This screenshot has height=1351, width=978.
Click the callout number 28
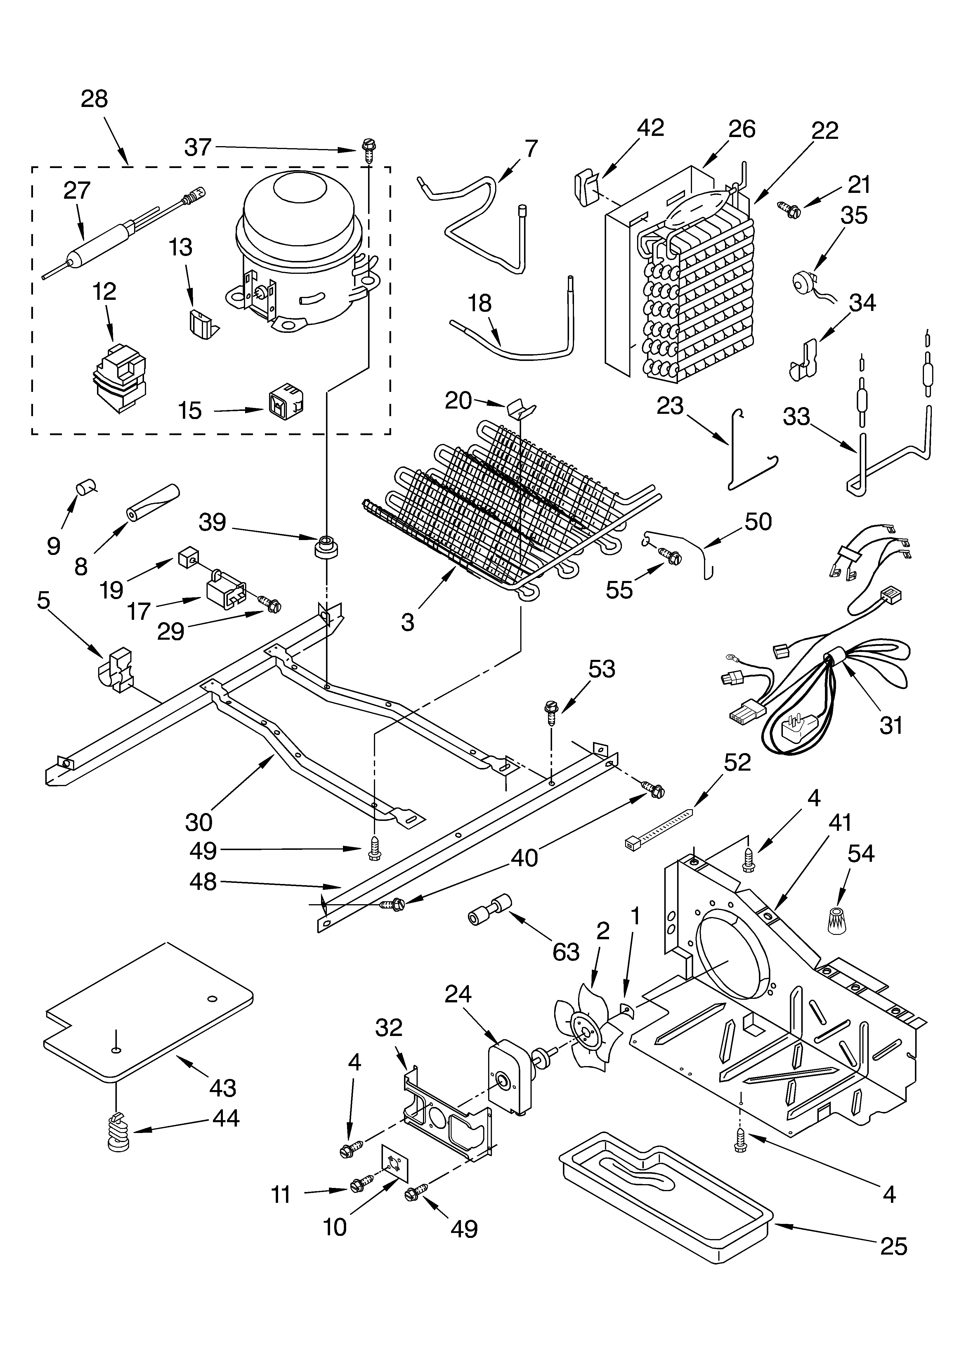click(x=94, y=99)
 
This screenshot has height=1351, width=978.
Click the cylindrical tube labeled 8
click(x=152, y=503)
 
